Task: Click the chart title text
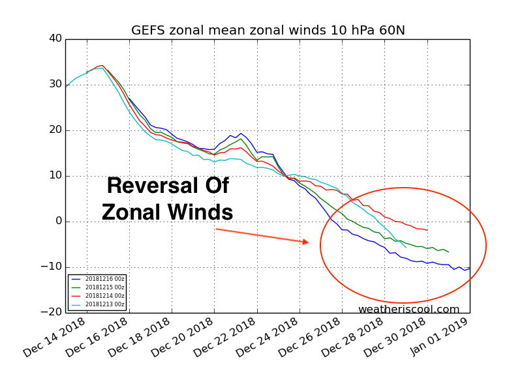268,31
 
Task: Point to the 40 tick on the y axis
55,39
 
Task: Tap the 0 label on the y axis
58,221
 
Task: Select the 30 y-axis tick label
55,85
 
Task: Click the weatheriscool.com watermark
408,310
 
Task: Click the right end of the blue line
469,268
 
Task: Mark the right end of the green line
448,252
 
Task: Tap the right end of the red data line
427,230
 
